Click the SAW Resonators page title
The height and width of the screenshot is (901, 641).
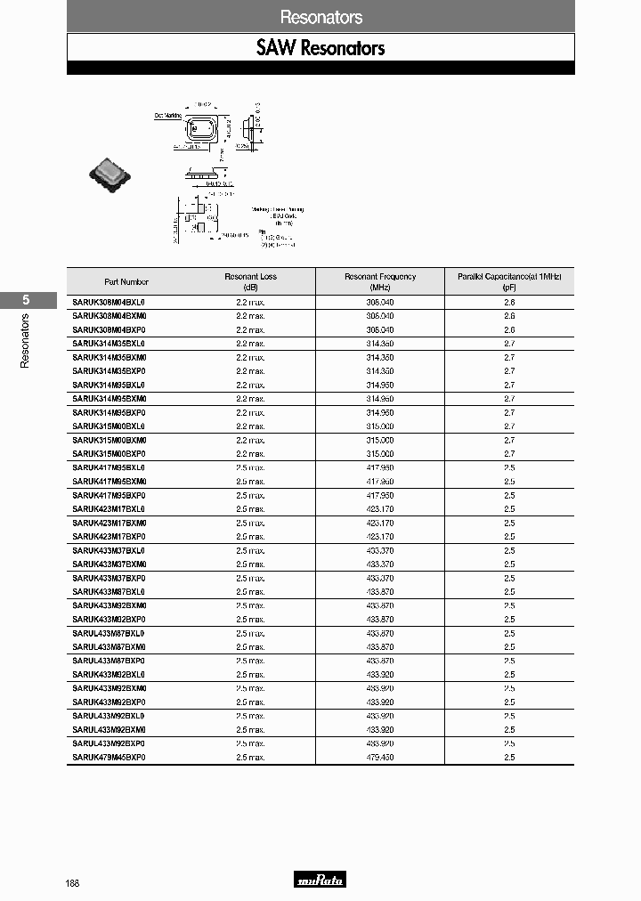320,47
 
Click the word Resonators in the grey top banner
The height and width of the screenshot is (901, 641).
320,17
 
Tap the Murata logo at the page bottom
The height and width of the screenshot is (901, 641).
320,881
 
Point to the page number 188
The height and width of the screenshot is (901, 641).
72,883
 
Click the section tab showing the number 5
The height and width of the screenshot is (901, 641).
26,300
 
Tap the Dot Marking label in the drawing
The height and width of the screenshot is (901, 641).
168,116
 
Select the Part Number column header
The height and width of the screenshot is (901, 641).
126,281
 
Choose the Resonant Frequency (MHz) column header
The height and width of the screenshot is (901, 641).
380,281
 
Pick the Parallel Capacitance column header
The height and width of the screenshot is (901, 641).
509,281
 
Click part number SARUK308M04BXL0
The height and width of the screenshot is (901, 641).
109,303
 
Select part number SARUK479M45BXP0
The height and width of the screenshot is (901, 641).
109,757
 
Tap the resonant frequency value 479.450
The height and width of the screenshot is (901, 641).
380,757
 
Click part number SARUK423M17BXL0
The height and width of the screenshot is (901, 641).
109,509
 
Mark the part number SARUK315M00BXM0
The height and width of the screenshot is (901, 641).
109,441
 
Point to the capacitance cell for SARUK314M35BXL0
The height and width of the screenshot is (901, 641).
509,344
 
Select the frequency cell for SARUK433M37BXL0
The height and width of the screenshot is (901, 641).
380,550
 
